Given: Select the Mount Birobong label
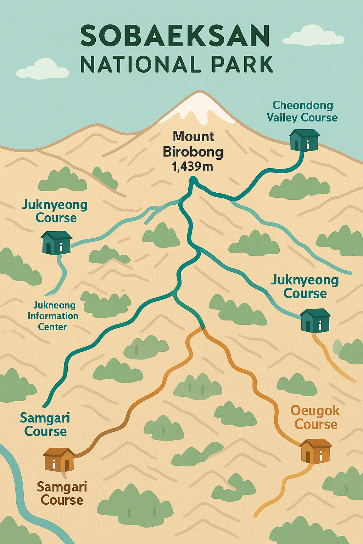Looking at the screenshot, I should pos(193,144).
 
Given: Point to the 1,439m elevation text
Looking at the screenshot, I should pos(192,166).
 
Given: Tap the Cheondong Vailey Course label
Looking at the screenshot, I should pos(302,111).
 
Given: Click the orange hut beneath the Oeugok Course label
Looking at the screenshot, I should pos(315,450).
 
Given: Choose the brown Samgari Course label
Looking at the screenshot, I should pos(62,493).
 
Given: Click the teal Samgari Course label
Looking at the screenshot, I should pos(45,424).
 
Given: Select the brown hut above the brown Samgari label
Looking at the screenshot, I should pos(59,459).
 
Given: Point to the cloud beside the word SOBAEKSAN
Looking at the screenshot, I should pos(314,36).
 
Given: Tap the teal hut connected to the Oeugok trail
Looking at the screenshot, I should pos(315,320).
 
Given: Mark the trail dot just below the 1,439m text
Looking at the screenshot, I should pos(193,181).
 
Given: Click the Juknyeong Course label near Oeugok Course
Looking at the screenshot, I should pos(305,287).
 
